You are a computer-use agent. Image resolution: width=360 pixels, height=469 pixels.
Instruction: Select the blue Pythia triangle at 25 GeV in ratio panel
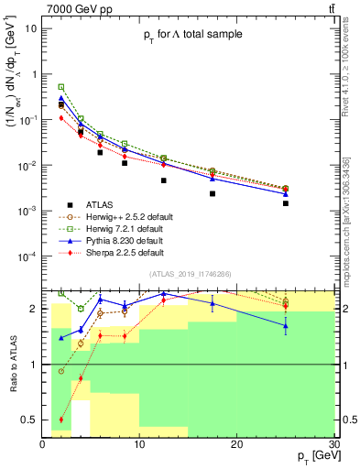point(286,325)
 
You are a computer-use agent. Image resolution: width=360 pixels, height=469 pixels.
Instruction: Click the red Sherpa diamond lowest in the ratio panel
point(61,420)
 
